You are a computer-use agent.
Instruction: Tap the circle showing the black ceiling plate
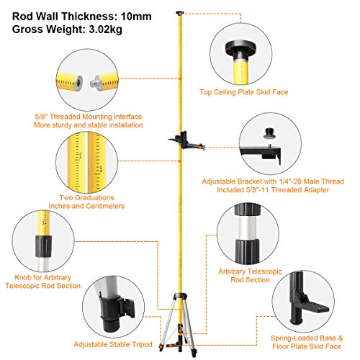coord(243,55)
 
